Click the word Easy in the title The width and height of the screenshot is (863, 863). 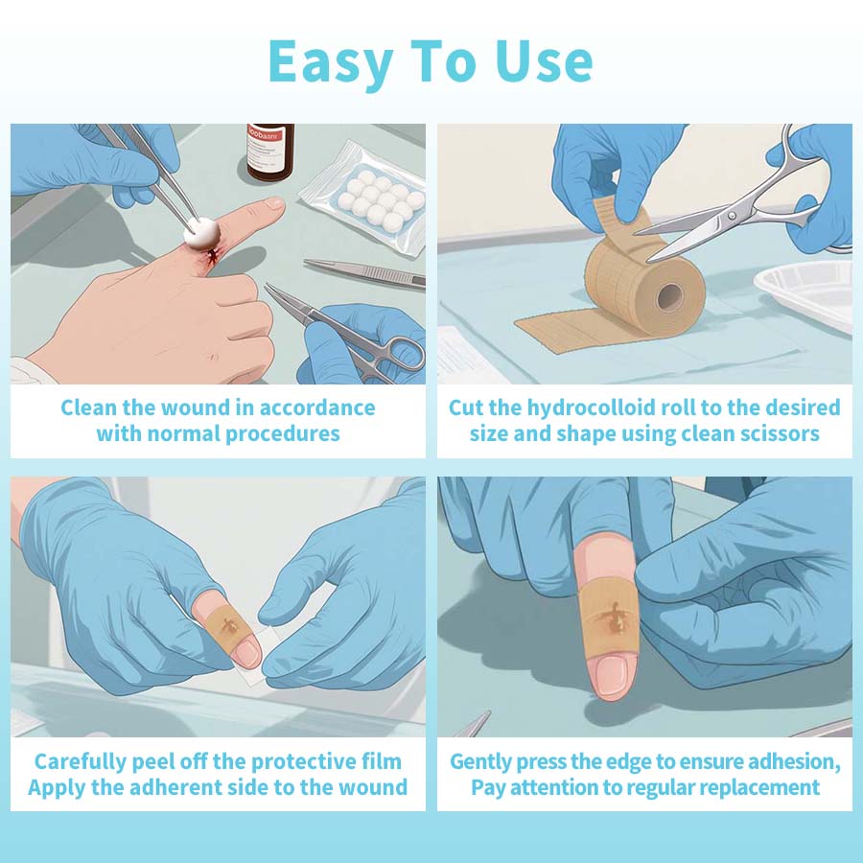pos(331,62)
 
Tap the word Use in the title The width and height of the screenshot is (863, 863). pos(544,61)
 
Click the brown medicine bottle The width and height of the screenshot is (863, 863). pos(269,152)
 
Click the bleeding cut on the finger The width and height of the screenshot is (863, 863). pos(211,255)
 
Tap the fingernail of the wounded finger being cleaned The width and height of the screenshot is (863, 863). pos(274,203)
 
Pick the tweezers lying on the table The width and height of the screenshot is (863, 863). pos(364,272)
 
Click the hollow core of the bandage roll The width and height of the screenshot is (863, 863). pos(670,298)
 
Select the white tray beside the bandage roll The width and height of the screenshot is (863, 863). pos(806,292)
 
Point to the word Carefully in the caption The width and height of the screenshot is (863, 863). pos(81,762)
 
